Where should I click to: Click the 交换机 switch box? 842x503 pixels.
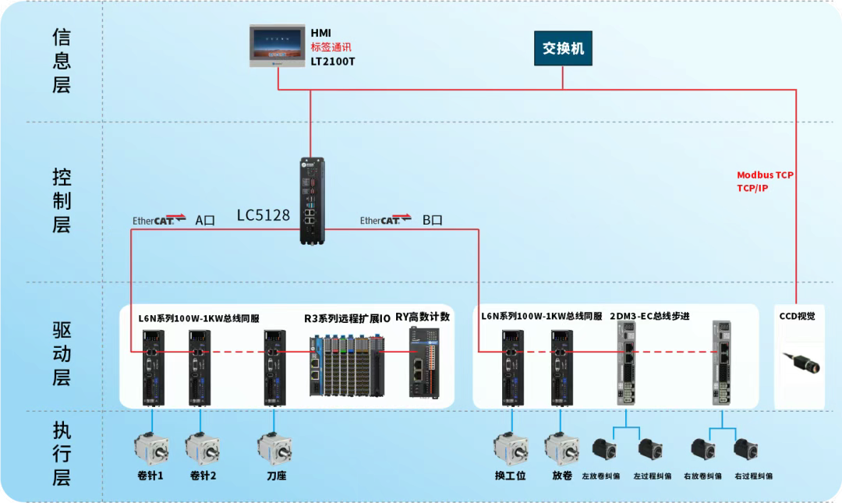[563, 49]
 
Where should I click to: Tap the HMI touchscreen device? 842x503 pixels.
[278, 45]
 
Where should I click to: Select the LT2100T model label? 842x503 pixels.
[333, 61]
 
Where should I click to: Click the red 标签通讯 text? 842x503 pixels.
[331, 47]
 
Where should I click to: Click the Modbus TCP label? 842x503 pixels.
[765, 175]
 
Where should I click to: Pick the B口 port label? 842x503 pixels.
[433, 220]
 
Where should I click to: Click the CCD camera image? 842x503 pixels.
[802, 363]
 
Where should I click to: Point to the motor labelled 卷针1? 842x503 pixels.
[151, 448]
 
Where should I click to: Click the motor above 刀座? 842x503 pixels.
[274, 448]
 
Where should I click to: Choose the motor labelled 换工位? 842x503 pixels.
[511, 448]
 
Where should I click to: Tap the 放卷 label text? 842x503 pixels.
[561, 475]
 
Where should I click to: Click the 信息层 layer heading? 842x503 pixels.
[62, 61]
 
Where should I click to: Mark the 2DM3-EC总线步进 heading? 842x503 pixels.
[649, 316]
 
